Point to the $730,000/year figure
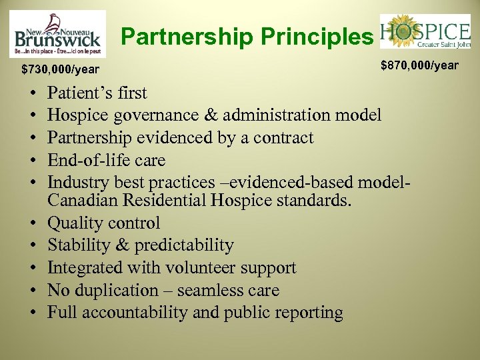[60, 69]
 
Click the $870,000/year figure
[419, 65]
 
